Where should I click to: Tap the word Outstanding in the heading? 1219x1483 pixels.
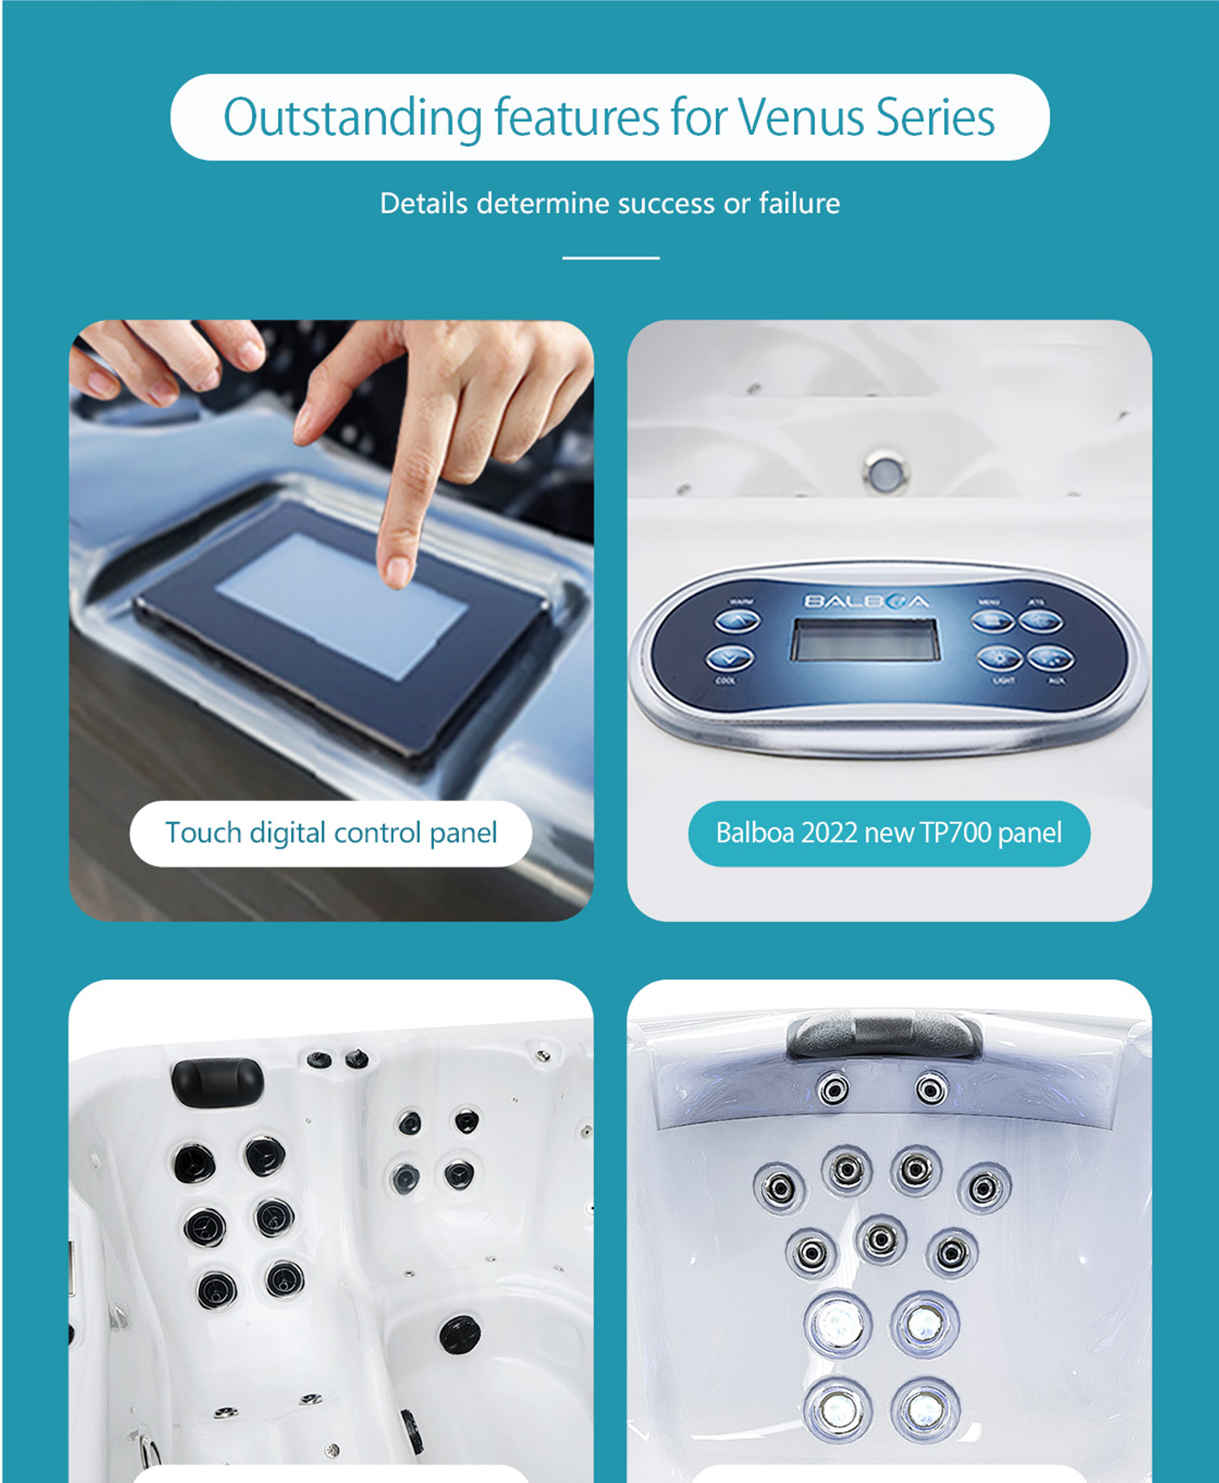[353, 118]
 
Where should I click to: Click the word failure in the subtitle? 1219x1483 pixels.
[799, 203]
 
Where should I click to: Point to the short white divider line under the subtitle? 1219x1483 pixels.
[610, 258]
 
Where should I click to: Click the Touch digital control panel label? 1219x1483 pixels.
[331, 833]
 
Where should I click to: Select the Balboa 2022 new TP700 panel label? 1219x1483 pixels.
[888, 833]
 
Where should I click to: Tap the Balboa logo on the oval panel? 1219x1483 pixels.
[865, 601]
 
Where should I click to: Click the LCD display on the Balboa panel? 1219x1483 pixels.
[865, 640]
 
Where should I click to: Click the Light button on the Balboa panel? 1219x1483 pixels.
[999, 658]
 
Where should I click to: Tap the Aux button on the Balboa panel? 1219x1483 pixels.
[1051, 658]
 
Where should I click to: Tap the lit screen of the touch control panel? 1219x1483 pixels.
[341, 605]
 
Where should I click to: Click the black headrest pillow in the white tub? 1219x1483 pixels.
[216, 1081]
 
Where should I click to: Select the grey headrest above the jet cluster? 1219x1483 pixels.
[883, 1034]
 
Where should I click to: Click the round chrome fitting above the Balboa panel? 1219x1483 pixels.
[885, 471]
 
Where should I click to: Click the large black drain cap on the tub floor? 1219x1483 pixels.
[459, 1334]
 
